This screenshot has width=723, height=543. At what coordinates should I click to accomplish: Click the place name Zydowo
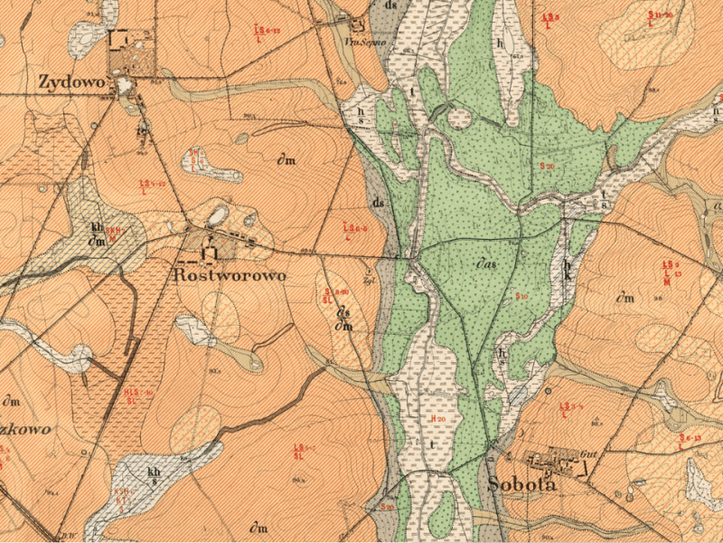pos(72,82)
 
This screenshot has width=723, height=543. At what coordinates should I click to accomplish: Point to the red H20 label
pos(439,419)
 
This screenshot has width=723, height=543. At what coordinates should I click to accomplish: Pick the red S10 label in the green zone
pos(521,297)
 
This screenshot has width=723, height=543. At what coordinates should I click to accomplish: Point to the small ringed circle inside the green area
pos(459,119)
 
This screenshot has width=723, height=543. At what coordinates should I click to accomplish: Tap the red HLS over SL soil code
pos(137,395)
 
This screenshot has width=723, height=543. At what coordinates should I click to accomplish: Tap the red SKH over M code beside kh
pos(115,234)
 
